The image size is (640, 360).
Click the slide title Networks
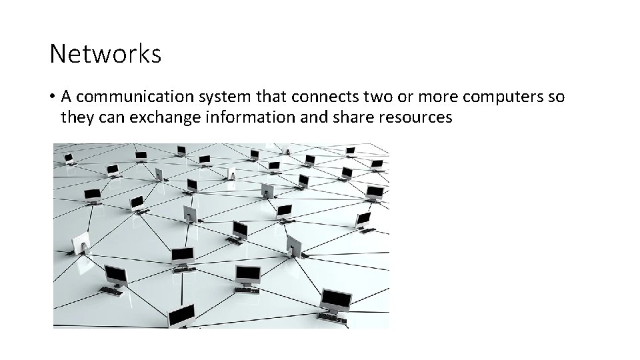pyautogui.click(x=105, y=54)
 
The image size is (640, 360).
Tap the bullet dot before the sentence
pyautogui.click(x=51, y=97)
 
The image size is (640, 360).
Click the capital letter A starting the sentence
pyautogui.click(x=66, y=97)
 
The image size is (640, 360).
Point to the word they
pyautogui.click(x=75, y=118)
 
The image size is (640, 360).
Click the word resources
pyautogui.click(x=410, y=118)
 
